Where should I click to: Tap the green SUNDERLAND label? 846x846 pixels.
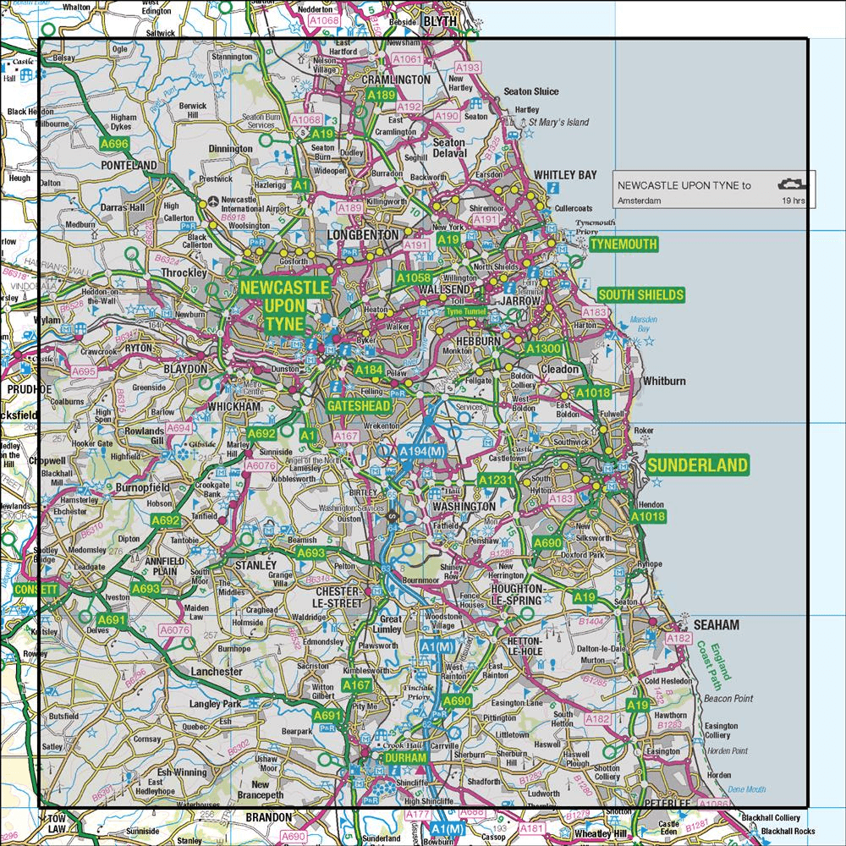point(697,464)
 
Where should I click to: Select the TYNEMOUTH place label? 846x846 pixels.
point(623,244)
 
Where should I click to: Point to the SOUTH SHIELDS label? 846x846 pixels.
point(640,294)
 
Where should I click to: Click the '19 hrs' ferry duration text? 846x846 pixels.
point(793,201)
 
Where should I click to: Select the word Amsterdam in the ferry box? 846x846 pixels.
point(639,201)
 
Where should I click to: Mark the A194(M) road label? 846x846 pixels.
point(421,453)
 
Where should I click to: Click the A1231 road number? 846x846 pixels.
point(496,481)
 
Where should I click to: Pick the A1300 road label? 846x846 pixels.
point(542,349)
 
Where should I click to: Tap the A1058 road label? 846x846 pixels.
point(414,277)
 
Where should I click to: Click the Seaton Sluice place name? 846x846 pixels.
point(530,91)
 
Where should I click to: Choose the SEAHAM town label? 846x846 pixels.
point(692,624)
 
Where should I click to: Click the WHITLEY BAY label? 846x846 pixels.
point(565,175)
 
